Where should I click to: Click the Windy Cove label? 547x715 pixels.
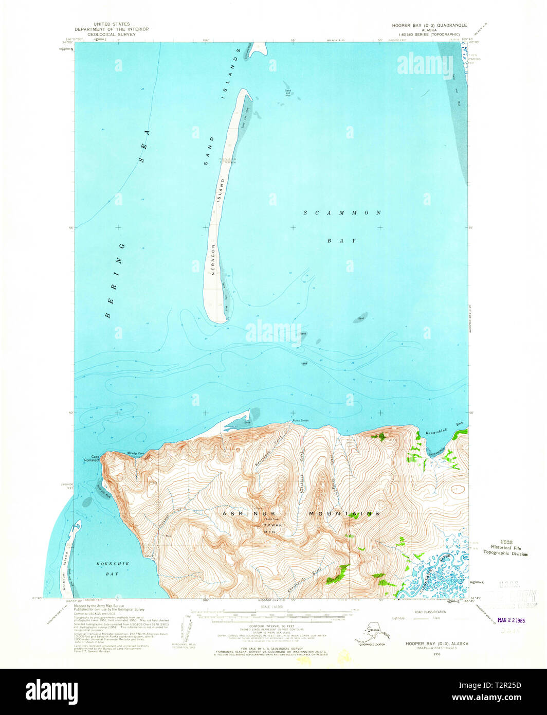[x=135, y=453]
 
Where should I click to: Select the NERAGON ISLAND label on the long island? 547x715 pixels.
[x=218, y=226]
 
